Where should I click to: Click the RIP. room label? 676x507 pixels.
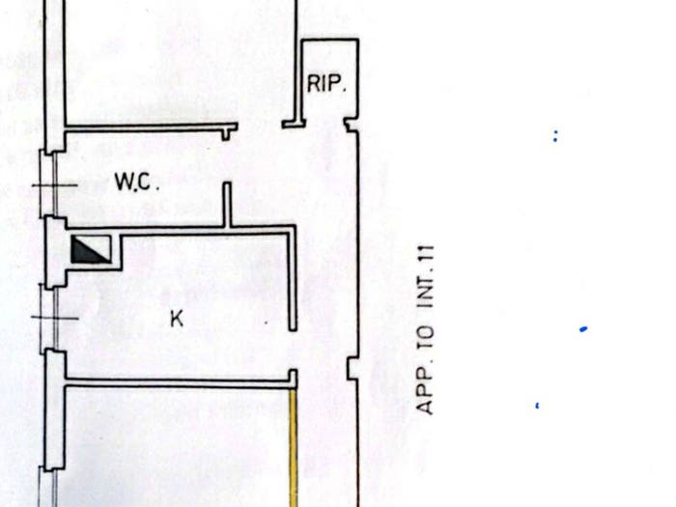(326, 84)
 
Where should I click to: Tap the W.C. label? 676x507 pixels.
(137, 182)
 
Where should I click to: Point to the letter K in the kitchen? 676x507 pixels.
(177, 319)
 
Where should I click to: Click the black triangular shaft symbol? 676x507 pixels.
(90, 249)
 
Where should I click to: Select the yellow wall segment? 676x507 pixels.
(294, 448)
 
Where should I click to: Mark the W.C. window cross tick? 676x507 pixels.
(55, 185)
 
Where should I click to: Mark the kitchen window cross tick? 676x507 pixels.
(55, 318)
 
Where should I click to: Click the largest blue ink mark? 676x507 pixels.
(583, 329)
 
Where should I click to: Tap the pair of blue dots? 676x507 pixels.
(555, 136)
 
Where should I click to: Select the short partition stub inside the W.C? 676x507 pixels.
(227, 204)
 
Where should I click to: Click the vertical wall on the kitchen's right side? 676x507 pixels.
(293, 278)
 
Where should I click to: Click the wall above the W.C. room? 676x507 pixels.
(151, 127)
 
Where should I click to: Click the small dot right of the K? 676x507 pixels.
(266, 322)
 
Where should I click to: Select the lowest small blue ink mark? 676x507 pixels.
(537, 406)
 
